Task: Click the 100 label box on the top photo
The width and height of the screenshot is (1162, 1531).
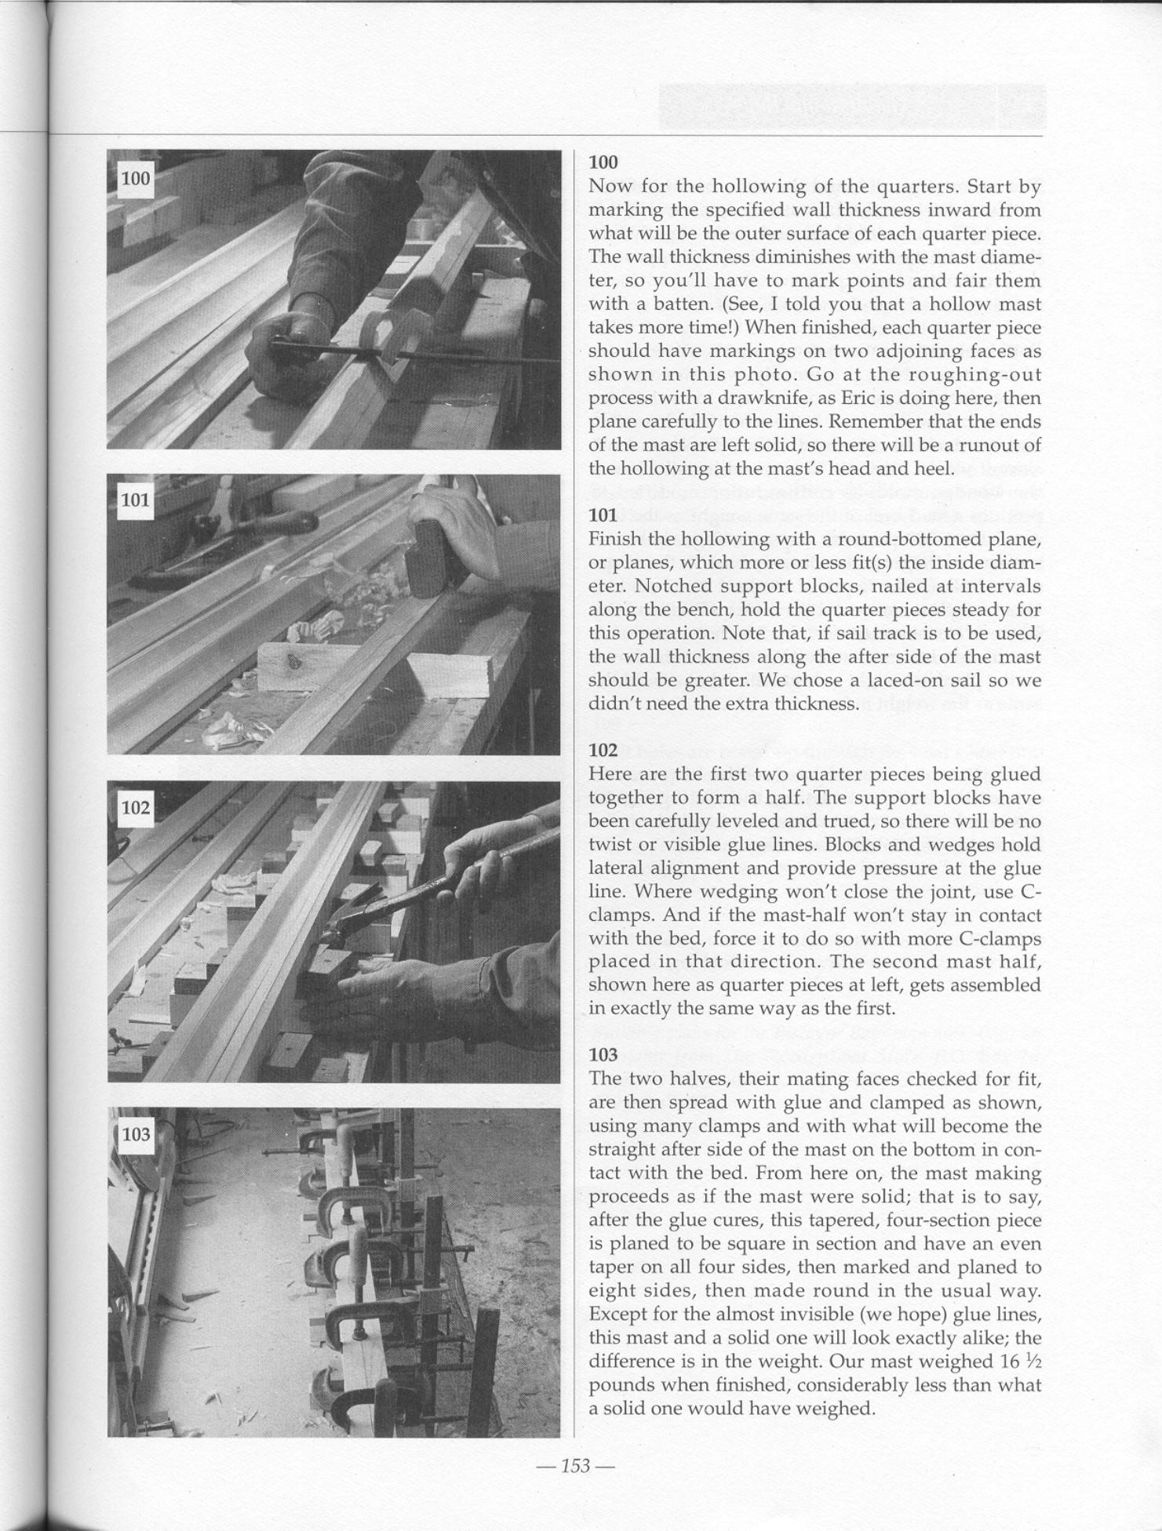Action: point(135,179)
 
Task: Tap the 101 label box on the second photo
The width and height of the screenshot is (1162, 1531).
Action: point(135,500)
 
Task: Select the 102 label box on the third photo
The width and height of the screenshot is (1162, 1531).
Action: point(135,807)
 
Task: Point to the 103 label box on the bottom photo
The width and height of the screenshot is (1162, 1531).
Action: point(135,1134)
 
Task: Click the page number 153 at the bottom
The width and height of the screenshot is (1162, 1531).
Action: point(575,1466)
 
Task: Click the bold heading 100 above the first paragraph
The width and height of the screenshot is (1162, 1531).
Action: point(603,162)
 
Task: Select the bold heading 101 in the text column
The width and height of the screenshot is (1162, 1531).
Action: point(603,515)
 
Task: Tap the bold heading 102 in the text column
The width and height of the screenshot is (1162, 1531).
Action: point(603,751)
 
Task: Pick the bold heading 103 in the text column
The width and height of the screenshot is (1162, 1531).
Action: point(603,1055)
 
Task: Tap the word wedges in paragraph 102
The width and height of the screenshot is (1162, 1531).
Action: point(941,846)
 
